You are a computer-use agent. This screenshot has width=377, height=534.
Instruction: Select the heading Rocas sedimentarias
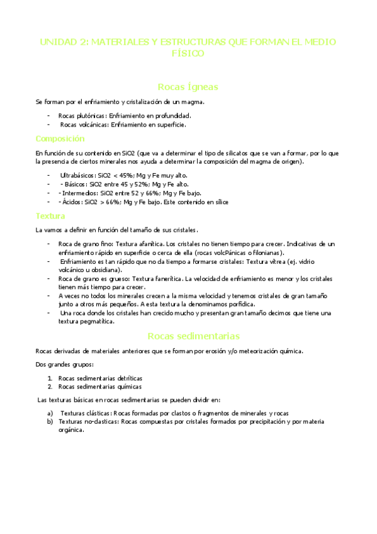(188, 336)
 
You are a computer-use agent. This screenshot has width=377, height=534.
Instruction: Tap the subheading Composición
(60, 139)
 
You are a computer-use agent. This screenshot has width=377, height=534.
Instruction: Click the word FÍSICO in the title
(188, 54)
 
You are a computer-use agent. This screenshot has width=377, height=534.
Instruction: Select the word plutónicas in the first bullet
(92, 116)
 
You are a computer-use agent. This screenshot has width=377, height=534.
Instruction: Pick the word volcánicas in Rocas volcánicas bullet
(94, 125)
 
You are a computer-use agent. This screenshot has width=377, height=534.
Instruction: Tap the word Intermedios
(75, 193)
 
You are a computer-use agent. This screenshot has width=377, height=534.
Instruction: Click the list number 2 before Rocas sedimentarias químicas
(50, 387)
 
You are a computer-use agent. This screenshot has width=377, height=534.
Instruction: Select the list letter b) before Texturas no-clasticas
(50, 421)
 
